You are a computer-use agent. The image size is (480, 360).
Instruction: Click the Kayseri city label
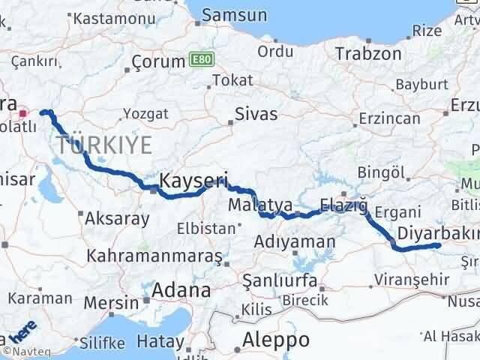coord(193,180)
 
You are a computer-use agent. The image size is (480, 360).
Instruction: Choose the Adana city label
coord(180,289)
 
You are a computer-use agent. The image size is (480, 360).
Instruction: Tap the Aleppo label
coord(275,339)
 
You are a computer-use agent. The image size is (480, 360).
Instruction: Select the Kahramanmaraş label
coord(154,256)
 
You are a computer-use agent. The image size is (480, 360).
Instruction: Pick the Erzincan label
coord(388,118)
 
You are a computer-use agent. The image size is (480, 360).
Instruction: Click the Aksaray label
coord(117,218)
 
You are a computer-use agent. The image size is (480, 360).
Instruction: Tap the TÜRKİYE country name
coord(103,144)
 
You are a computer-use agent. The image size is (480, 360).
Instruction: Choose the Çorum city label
coord(158,61)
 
